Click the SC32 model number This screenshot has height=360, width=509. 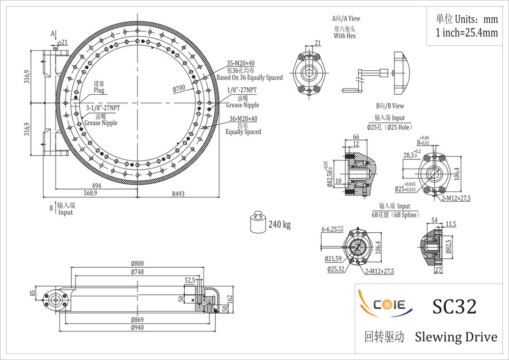click(454, 306)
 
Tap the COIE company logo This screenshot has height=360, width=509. click(385, 303)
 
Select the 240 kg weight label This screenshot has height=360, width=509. click(279, 225)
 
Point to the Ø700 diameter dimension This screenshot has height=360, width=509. click(179, 88)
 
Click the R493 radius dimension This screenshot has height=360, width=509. click(178, 194)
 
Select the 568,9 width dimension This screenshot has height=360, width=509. click(90, 193)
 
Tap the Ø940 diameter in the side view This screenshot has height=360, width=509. click(137, 327)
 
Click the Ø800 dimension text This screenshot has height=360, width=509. click(137, 263)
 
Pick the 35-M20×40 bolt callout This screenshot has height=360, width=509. click(241, 63)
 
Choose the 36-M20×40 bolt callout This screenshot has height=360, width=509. click(243, 119)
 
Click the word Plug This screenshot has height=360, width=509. click(99, 90)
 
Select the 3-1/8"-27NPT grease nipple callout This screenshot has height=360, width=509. click(103, 108)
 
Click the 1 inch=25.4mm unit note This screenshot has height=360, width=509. click(467, 33)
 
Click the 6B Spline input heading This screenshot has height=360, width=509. click(395, 215)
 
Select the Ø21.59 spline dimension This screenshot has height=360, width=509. click(333, 259)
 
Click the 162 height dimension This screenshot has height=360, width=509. click(230, 299)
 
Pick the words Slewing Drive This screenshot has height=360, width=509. click(456, 337)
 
